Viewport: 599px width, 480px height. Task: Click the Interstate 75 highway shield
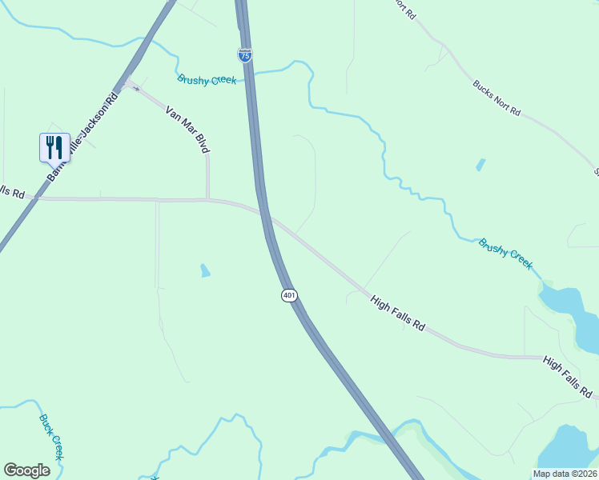[x=245, y=55]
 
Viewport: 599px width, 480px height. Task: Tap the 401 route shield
[x=290, y=295]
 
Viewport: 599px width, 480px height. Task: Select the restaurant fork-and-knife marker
[x=54, y=146]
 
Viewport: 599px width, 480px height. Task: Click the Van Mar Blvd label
[x=187, y=130]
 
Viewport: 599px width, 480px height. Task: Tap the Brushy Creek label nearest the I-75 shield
[x=207, y=79]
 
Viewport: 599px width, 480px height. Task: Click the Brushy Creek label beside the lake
[x=505, y=254]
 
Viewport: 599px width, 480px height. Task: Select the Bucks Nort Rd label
[x=496, y=98]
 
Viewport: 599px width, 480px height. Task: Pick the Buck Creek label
[x=50, y=437]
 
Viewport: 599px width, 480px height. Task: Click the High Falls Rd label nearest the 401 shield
[x=397, y=314]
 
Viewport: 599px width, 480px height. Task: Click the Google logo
[x=26, y=470]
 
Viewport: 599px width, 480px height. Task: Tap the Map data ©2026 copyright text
[x=565, y=474]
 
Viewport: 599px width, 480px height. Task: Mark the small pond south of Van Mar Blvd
[x=205, y=270]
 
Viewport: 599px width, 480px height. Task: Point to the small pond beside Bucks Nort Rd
[x=480, y=165]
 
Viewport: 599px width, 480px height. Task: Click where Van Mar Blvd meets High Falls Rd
[x=207, y=199]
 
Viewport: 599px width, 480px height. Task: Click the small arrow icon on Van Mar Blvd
[x=135, y=87]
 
